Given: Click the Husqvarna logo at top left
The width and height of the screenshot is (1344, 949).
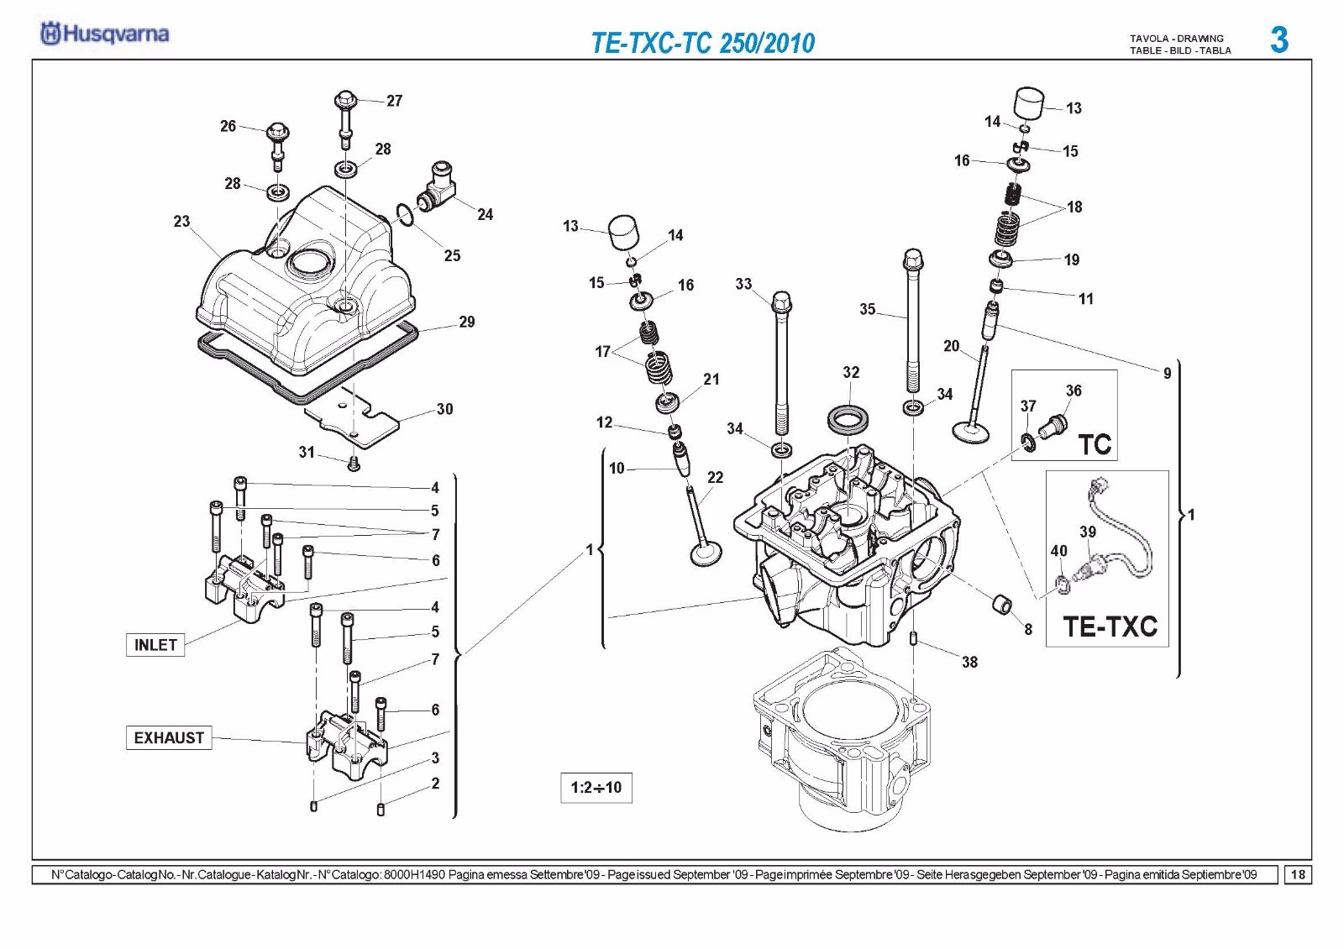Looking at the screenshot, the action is [104, 34].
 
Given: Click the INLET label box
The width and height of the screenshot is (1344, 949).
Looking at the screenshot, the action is [155, 645].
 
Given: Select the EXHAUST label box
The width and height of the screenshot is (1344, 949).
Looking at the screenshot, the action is [169, 737].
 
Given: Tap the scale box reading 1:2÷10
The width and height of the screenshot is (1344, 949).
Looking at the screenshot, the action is [596, 787].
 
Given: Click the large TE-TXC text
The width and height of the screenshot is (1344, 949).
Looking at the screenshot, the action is [1110, 627].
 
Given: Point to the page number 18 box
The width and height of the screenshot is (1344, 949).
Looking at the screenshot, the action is [1298, 874].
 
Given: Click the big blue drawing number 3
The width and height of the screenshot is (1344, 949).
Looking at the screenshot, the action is [1279, 40].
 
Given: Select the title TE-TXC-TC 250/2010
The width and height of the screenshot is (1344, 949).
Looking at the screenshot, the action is [703, 43].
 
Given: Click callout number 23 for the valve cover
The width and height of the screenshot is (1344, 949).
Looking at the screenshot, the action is [181, 222].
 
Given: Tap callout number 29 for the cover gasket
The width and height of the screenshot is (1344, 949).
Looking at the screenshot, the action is [467, 322].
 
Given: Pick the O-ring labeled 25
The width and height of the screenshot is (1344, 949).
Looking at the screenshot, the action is [404, 215].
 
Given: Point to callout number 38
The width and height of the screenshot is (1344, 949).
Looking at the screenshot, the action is [970, 662].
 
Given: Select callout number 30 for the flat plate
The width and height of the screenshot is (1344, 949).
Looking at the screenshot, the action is [444, 409].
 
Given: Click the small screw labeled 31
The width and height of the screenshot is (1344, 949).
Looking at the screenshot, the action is [354, 464].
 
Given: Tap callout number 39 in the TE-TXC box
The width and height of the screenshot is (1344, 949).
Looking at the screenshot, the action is [1088, 532].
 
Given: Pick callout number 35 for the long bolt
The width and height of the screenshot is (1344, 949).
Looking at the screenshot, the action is [868, 309].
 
